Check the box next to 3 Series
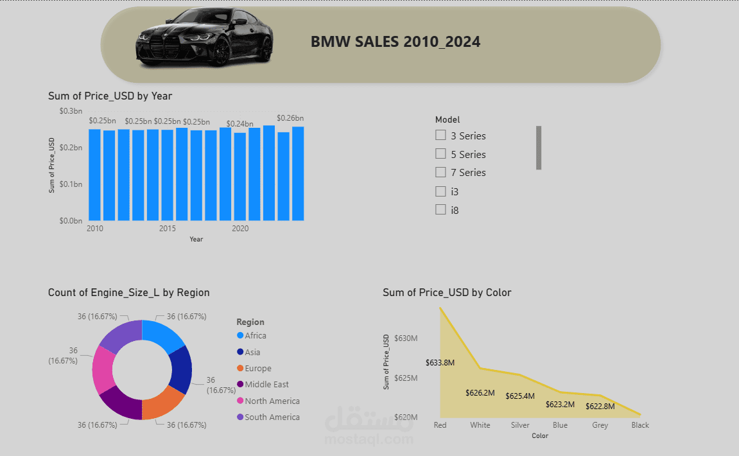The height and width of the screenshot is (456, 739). click(x=440, y=136)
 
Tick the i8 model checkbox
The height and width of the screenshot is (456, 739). click(x=440, y=209)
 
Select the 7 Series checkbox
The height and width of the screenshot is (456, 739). click(x=440, y=172)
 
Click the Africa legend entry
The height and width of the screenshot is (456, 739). click(x=255, y=336)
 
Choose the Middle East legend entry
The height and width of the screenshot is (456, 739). click(x=266, y=385)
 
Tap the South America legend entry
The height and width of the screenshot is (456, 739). click(x=272, y=417)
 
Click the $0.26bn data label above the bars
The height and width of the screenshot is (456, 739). click(x=290, y=118)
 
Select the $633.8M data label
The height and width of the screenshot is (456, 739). click(x=440, y=363)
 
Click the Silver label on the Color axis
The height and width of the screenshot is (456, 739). click(x=520, y=425)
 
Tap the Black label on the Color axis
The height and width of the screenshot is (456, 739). click(x=640, y=425)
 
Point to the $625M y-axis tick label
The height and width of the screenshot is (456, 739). click(x=406, y=378)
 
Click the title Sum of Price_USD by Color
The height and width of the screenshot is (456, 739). click(x=447, y=293)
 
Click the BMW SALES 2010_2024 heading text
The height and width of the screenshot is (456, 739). click(x=396, y=42)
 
